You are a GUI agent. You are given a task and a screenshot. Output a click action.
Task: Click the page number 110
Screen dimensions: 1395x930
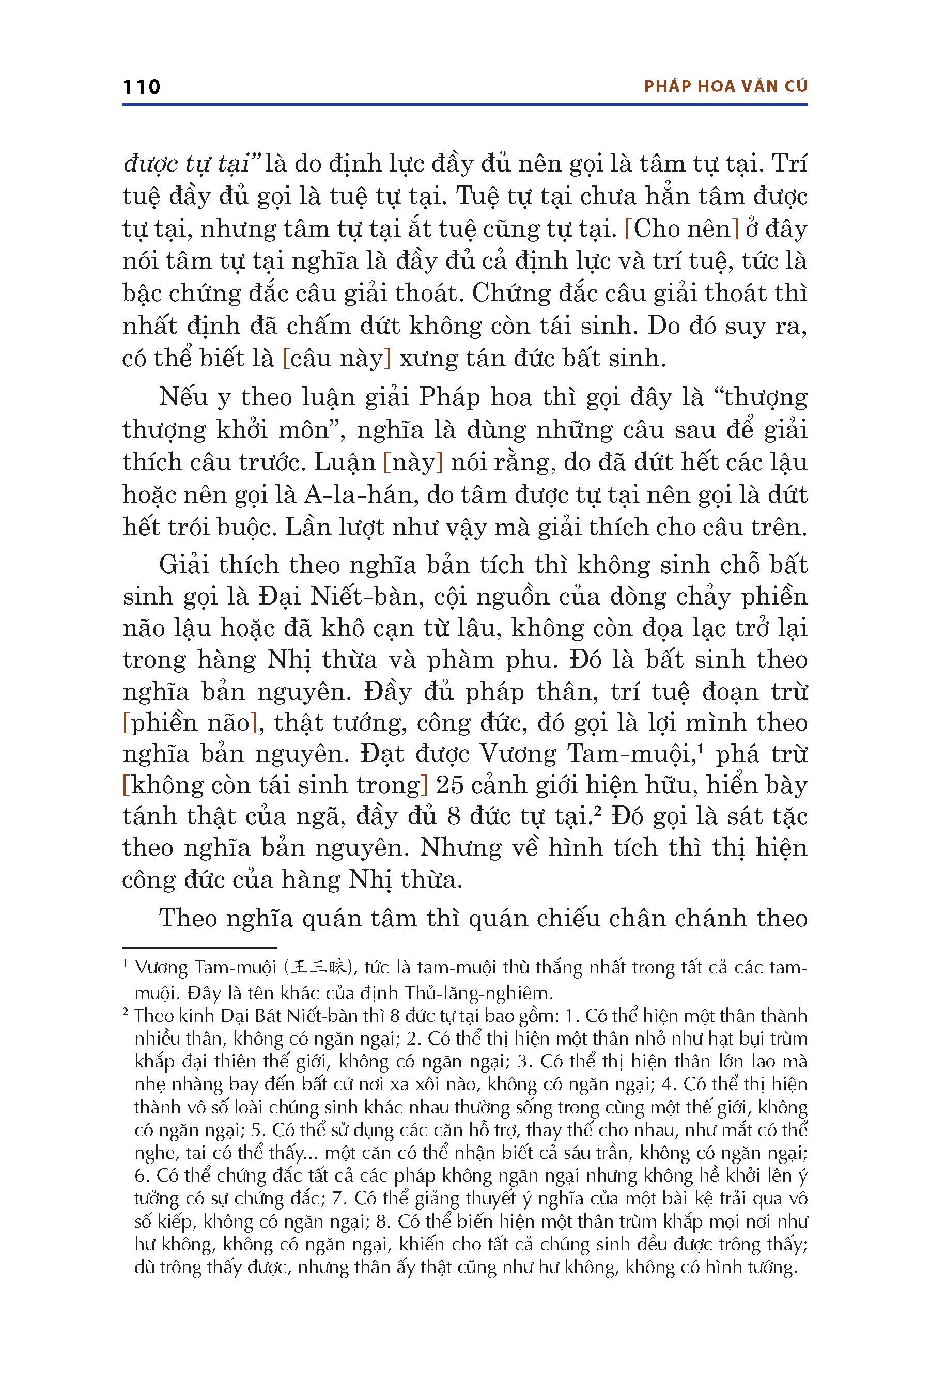(x=141, y=87)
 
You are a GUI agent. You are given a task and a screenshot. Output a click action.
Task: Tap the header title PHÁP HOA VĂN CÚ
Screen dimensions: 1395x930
(x=725, y=87)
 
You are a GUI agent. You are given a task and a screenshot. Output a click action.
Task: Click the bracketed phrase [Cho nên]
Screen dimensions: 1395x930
(x=681, y=228)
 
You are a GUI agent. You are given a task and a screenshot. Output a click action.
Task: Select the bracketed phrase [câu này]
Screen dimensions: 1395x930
(x=337, y=358)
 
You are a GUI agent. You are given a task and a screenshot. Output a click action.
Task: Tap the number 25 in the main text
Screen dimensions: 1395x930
(x=450, y=785)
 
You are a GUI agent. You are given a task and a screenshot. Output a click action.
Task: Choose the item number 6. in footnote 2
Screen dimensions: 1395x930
(x=141, y=1175)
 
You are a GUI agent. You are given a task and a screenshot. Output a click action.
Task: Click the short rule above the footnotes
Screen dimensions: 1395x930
(x=199, y=948)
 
